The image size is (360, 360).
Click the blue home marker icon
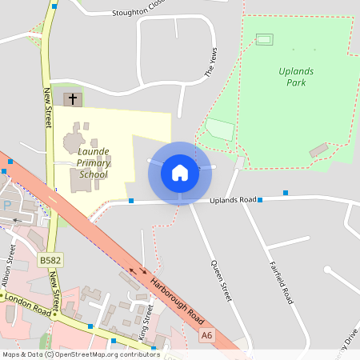[x=179, y=172]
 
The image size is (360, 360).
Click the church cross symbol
[x=73, y=99]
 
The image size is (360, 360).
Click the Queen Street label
[x=221, y=279]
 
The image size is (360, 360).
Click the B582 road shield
[x=49, y=260]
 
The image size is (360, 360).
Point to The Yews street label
[x=211, y=62]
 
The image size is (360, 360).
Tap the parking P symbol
[x=7, y=206]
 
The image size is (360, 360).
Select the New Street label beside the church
[x=47, y=108]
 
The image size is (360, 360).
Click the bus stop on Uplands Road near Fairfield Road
[x=285, y=192]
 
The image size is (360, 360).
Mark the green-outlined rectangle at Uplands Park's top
[x=264, y=38]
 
